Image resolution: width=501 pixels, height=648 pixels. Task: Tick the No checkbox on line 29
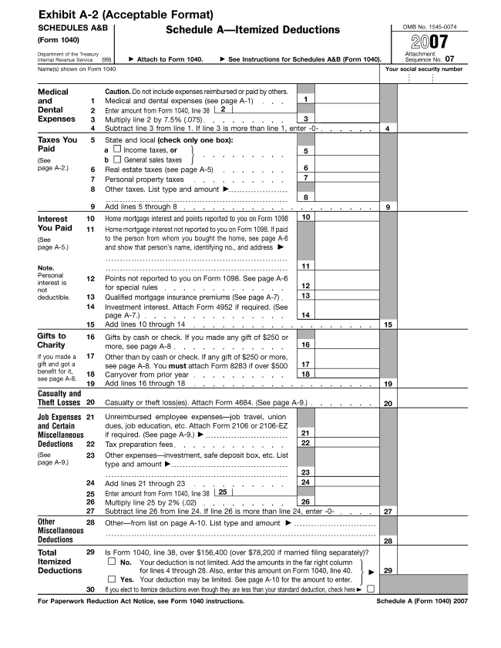(x=113, y=562)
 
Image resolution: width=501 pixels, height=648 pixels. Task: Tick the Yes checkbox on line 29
(x=113, y=579)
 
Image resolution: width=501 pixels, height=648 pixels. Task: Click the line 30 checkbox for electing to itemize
(x=372, y=589)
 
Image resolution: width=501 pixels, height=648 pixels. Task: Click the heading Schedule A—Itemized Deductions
(x=252, y=30)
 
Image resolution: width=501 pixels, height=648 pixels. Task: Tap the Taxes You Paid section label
(x=57, y=145)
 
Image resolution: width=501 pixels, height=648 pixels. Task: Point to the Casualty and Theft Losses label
(x=59, y=398)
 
